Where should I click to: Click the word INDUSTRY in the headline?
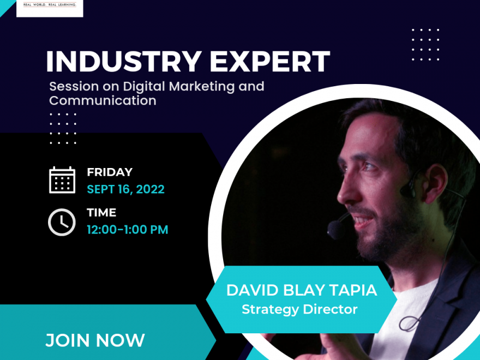point(124,61)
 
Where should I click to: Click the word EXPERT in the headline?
point(270,61)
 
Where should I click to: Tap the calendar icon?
point(62,180)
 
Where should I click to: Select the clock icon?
point(62,222)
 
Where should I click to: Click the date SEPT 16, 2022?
point(126,189)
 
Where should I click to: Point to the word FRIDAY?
point(110,172)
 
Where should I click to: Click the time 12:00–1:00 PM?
point(128,230)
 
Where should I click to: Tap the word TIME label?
point(101,212)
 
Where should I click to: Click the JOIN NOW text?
point(95,340)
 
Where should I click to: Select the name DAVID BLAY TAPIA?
point(302,290)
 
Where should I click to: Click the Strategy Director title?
point(299,309)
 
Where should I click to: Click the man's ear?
point(435,184)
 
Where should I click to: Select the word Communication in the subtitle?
point(103,100)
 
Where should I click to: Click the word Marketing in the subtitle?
point(202,87)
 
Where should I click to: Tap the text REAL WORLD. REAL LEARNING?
point(50,4)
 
